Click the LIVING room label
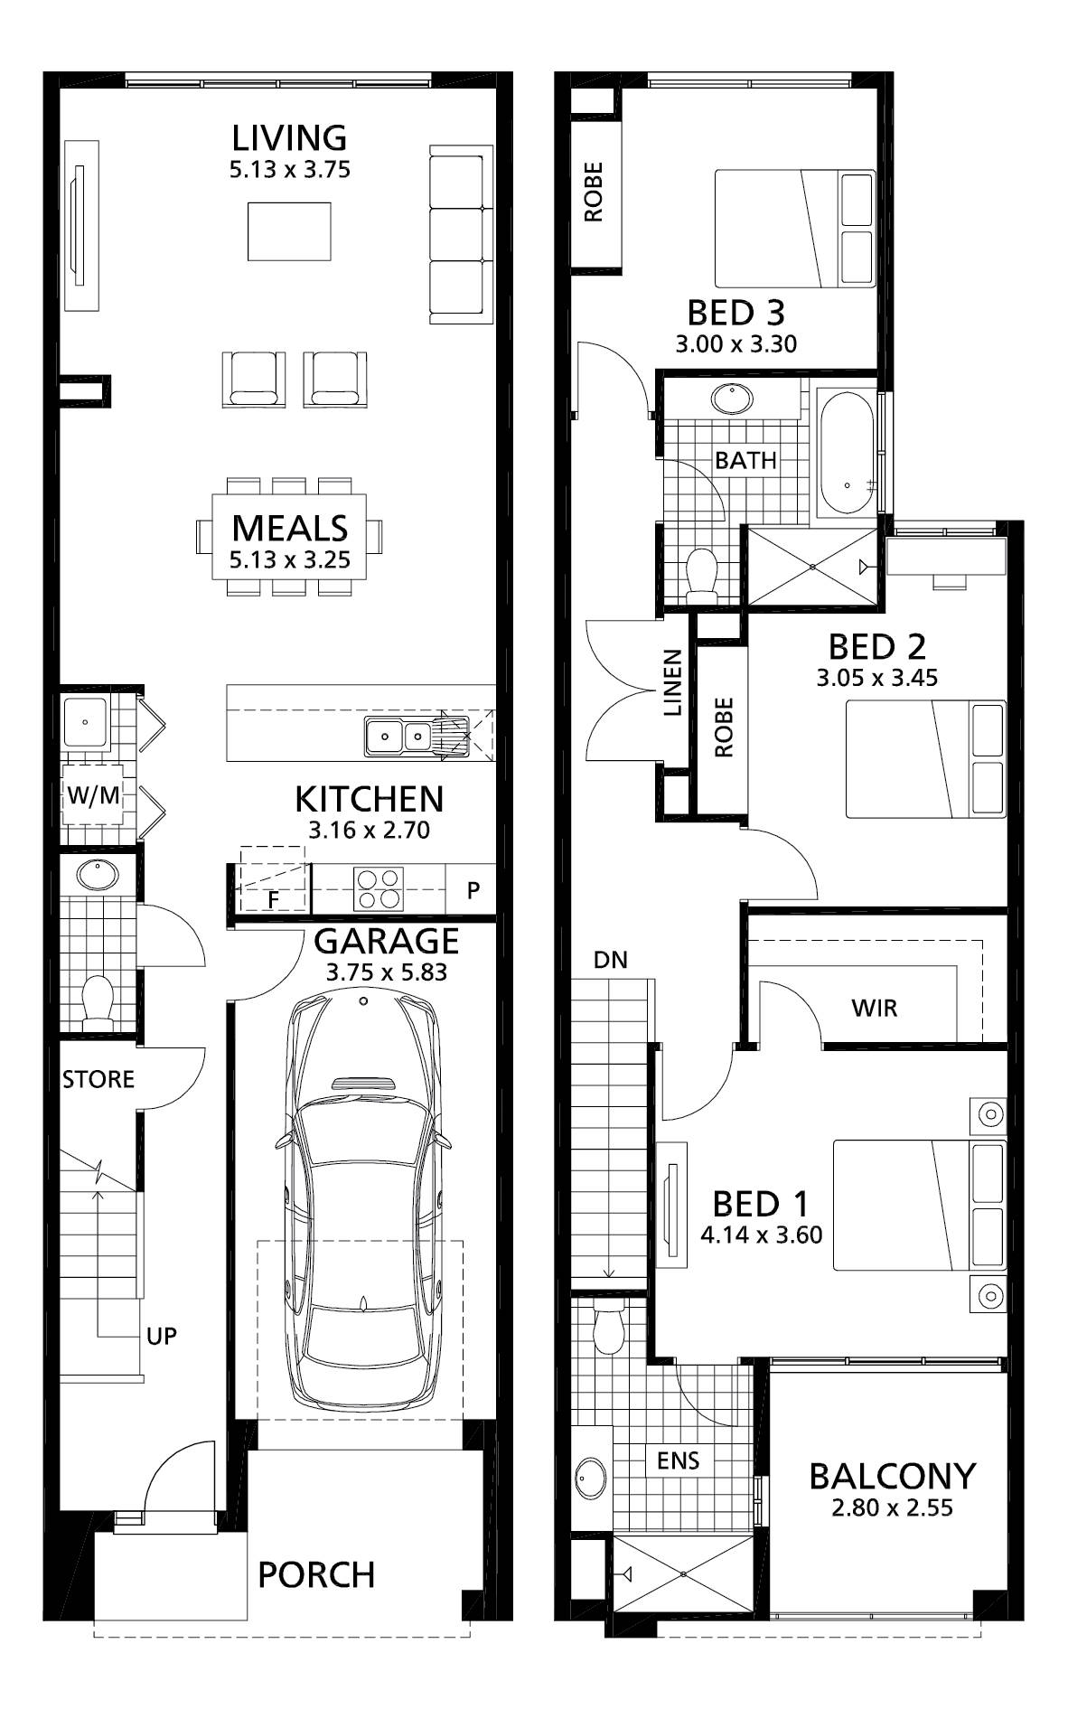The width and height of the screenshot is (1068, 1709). (289, 138)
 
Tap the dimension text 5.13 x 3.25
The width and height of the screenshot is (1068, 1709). (290, 560)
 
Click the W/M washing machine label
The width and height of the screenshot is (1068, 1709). (92, 796)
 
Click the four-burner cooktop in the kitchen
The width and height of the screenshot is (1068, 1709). (379, 888)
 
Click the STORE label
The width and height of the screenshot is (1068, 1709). (98, 1079)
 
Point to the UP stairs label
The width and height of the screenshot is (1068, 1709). (162, 1336)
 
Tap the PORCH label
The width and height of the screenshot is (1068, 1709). (316, 1575)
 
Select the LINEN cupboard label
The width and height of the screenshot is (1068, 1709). (672, 683)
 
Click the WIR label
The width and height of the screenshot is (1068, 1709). (875, 1008)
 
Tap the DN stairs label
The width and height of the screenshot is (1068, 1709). (611, 960)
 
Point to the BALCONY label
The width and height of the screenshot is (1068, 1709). (893, 1476)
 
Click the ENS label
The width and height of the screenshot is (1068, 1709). (679, 1460)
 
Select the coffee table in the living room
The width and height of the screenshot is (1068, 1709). (289, 231)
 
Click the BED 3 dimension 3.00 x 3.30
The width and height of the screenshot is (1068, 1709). (736, 343)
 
